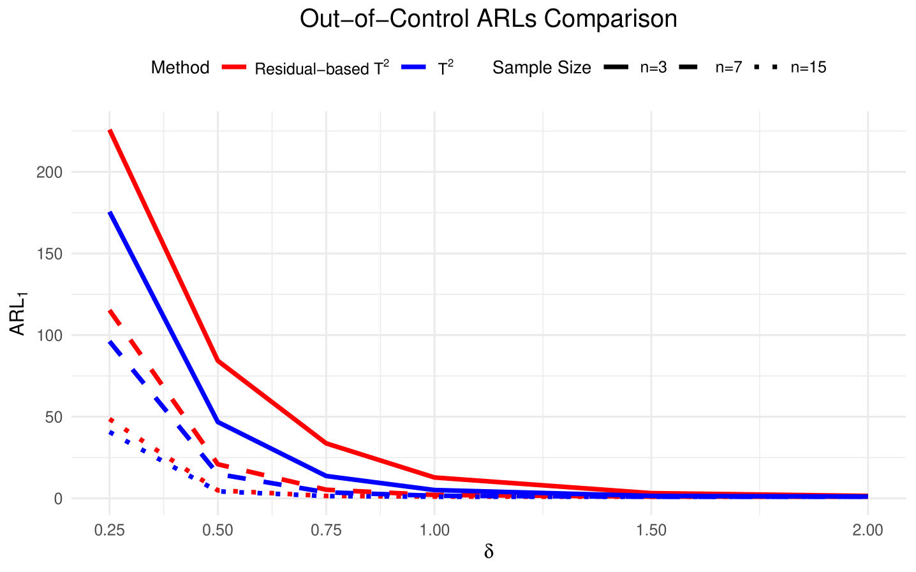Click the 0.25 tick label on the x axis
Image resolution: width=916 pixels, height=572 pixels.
pyautogui.click(x=109, y=531)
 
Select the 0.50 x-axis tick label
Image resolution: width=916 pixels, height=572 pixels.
pyautogui.click(x=218, y=531)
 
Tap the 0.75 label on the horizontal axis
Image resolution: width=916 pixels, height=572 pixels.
pyautogui.click(x=326, y=531)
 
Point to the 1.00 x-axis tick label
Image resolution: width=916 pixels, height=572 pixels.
pyautogui.click(x=434, y=531)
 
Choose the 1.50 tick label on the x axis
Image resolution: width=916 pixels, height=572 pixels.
pyautogui.click(x=651, y=531)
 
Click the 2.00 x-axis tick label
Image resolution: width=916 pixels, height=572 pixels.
pyautogui.click(x=868, y=531)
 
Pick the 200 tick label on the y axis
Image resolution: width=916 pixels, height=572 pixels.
pyautogui.click(x=50, y=172)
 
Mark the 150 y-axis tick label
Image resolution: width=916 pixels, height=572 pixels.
pyautogui.click(x=50, y=254)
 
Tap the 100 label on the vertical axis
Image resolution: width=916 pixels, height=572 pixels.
pyautogui.click(x=50, y=335)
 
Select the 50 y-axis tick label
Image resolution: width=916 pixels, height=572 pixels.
pyautogui.click(x=54, y=417)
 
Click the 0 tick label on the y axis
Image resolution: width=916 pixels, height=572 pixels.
pyautogui.click(x=58, y=499)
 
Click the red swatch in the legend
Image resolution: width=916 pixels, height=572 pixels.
pyautogui.click(x=234, y=67)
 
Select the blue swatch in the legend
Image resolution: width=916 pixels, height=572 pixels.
pyautogui.click(x=414, y=67)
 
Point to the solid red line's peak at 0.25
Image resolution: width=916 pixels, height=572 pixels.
pyautogui.click(x=110, y=131)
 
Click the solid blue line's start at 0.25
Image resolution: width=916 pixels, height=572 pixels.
pyautogui.click(x=110, y=213)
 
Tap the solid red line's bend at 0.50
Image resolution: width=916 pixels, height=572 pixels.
pyautogui.click(x=218, y=360)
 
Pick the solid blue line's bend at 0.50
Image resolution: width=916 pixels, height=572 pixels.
pyautogui.click(x=218, y=422)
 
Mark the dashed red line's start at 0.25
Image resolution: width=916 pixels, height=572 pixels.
pyautogui.click(x=110, y=311)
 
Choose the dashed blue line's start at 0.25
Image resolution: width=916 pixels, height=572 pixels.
pyautogui.click(x=110, y=342)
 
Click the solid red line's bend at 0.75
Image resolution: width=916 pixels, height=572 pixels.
pyautogui.click(x=326, y=443)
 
